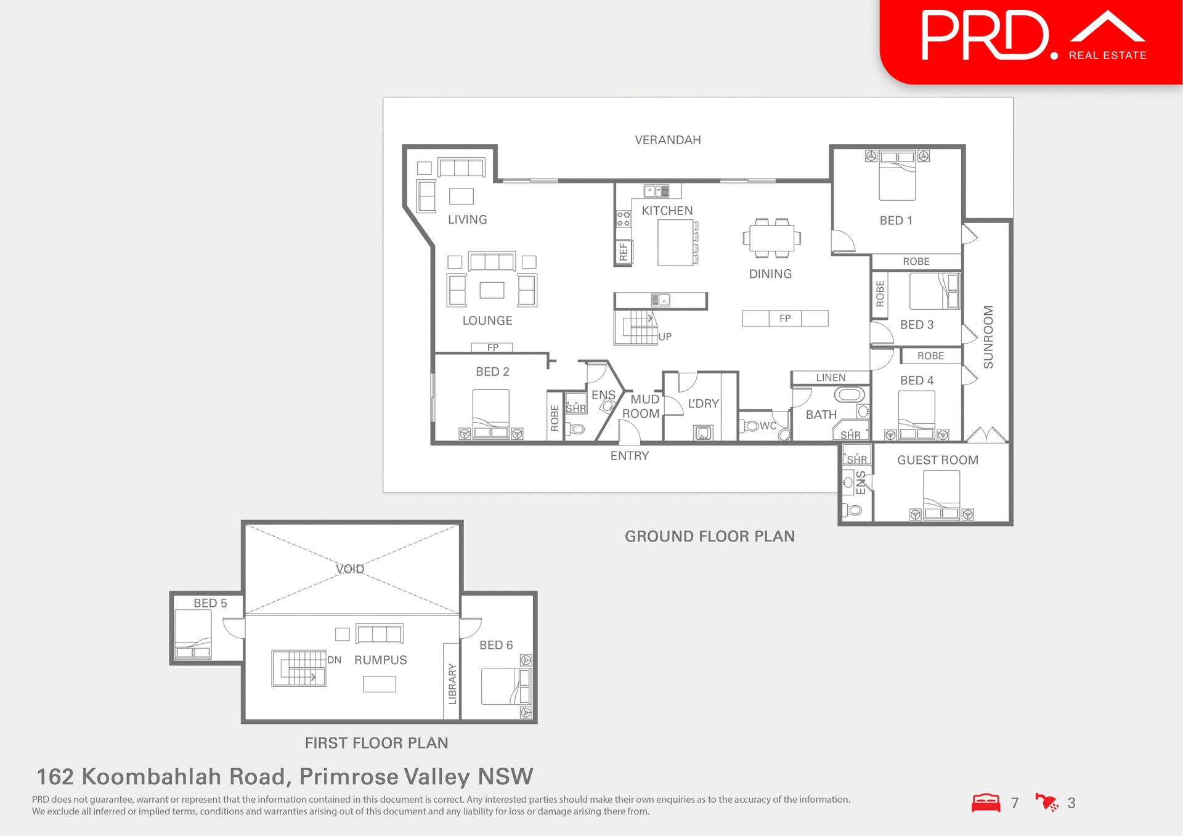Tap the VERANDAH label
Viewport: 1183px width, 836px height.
(x=667, y=140)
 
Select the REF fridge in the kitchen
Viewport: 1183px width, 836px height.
(x=624, y=251)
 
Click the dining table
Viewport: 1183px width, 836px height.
(x=771, y=238)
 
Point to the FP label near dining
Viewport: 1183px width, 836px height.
(x=784, y=319)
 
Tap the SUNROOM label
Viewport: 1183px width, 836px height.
(x=988, y=337)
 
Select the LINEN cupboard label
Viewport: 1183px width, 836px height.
(x=831, y=378)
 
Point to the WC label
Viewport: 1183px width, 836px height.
(x=768, y=426)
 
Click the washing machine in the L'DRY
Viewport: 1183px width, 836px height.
(x=703, y=432)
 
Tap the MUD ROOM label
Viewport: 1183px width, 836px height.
(x=642, y=407)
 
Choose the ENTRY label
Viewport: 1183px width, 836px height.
(x=629, y=456)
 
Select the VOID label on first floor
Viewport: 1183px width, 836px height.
(x=350, y=569)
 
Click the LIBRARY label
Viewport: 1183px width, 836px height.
(x=452, y=683)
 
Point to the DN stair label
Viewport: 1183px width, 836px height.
(x=334, y=660)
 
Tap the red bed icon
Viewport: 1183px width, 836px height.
(x=986, y=803)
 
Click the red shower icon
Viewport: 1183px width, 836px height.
(x=1046, y=802)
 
